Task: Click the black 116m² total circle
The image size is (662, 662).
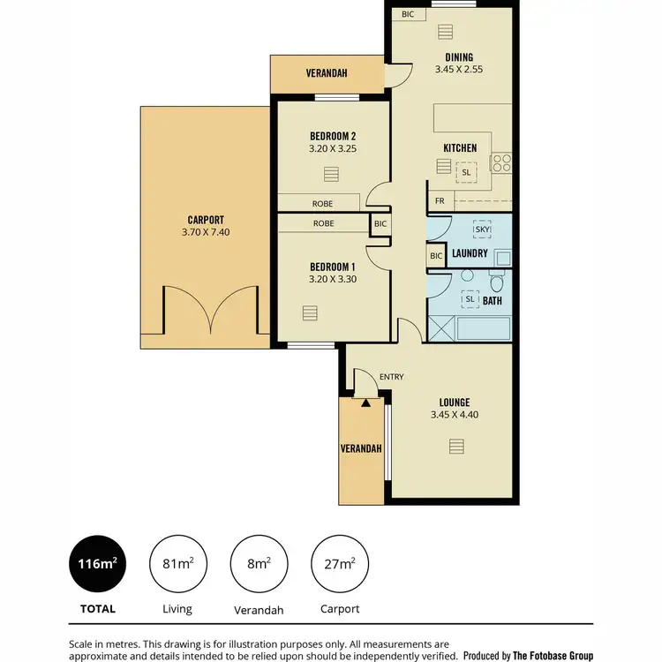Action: [95, 564]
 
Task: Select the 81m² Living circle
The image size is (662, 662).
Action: [177, 564]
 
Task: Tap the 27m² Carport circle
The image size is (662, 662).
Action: [340, 564]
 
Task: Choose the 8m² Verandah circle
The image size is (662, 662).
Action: [258, 564]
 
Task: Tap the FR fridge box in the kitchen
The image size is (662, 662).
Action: [439, 201]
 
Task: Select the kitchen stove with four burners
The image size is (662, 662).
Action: [501, 162]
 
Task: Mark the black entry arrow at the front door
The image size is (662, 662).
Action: [365, 402]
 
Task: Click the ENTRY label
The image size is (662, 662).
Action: [391, 377]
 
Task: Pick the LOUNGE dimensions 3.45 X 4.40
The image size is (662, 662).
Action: [455, 415]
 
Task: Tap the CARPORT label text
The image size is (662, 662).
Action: [206, 220]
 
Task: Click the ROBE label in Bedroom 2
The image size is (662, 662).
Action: [322, 203]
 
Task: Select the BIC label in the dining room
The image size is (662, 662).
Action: [408, 14]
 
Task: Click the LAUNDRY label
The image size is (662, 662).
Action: [470, 253]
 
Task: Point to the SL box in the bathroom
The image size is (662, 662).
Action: [470, 299]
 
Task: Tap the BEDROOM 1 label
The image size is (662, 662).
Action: [332, 267]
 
